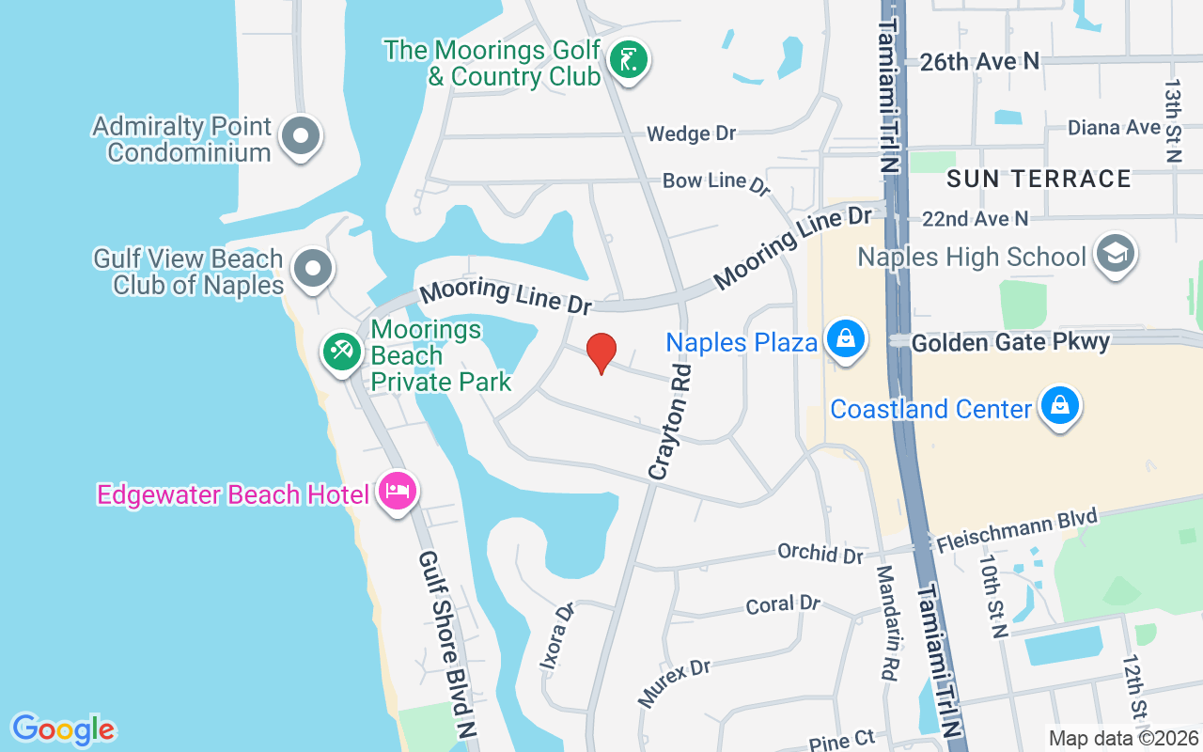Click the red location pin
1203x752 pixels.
[601, 352]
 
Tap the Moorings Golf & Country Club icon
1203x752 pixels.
[628, 60]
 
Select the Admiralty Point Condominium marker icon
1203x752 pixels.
[301, 136]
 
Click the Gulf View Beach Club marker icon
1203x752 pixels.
[313, 269]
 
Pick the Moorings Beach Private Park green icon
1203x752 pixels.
[341, 352]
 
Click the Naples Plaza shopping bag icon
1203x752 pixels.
[846, 339]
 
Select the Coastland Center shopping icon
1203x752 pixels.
[1060, 406]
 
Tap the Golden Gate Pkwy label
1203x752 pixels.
[1010, 342]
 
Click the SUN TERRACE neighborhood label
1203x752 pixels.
[1039, 179]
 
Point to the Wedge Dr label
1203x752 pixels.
[692, 133]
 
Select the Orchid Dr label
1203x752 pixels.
[820, 553]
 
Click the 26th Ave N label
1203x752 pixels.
[980, 61]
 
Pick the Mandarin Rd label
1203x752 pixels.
[887, 622]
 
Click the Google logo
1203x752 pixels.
[64, 729]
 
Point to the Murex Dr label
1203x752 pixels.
[675, 681]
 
